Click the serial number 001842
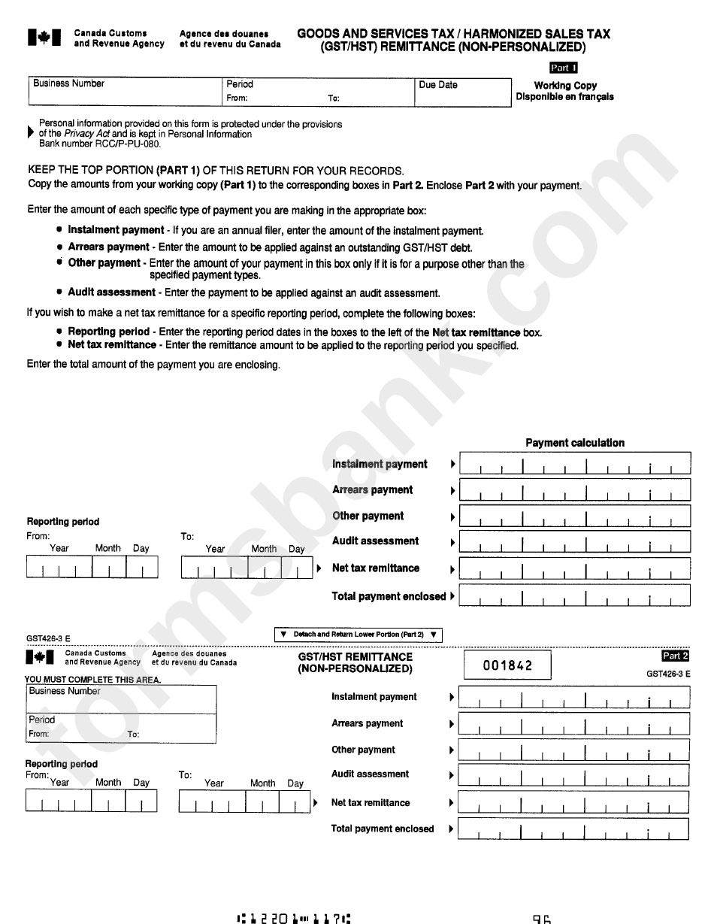(507, 665)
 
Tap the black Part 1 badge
(563, 68)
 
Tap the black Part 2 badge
(675, 656)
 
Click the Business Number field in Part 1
(124, 92)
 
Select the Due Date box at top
(462, 92)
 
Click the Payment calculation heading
(575, 443)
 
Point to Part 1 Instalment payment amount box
(574, 464)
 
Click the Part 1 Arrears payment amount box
(574, 490)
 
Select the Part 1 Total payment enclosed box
(574, 596)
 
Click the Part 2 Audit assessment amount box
(573, 775)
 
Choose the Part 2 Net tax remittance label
(371, 802)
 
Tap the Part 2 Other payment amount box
(573, 750)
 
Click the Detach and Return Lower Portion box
(359, 635)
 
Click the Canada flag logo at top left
(44, 38)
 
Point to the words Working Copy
(565, 85)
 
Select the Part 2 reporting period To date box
(244, 803)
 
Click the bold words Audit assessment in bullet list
(111, 292)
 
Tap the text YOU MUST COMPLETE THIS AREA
(92, 680)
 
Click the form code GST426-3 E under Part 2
(668, 674)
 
